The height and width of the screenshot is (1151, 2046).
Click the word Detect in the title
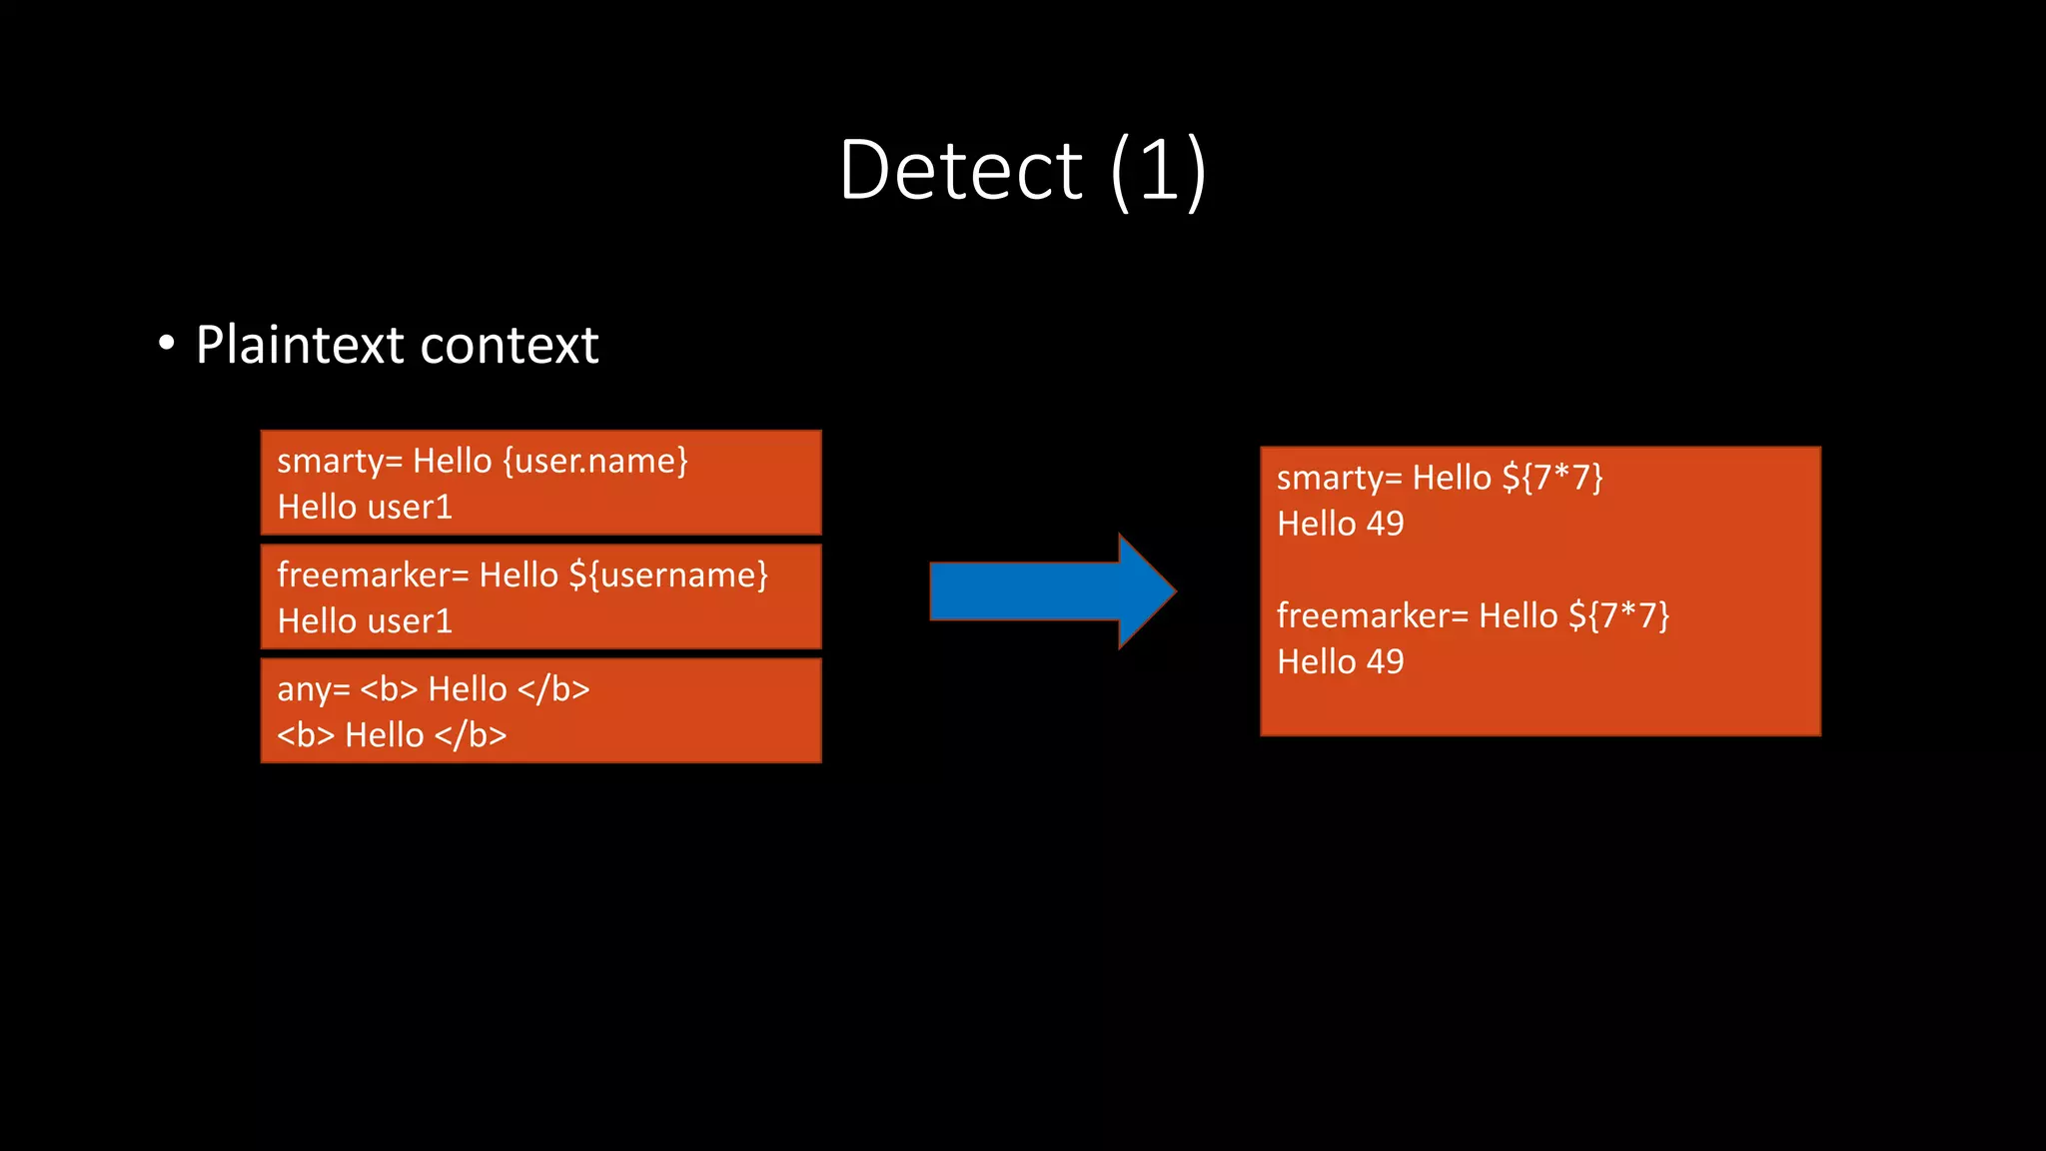[960, 170]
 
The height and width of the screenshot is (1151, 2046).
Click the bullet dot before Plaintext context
[167, 344]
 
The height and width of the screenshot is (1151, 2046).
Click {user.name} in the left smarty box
[595, 461]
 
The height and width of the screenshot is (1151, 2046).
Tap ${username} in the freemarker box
[667, 575]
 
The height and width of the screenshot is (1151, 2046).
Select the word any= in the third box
[313, 689]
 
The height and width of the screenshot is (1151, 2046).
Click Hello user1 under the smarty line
[365, 507]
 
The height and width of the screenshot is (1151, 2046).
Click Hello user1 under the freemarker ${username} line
[365, 621]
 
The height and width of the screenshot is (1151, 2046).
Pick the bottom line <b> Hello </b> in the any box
[392, 735]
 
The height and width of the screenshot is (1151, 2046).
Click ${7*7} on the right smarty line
[1551, 478]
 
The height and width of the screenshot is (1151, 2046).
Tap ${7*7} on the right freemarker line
[1618, 615]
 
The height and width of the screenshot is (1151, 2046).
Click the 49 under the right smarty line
[1385, 524]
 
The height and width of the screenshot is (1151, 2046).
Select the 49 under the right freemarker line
[1385, 661]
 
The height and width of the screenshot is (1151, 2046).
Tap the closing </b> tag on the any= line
[553, 689]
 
